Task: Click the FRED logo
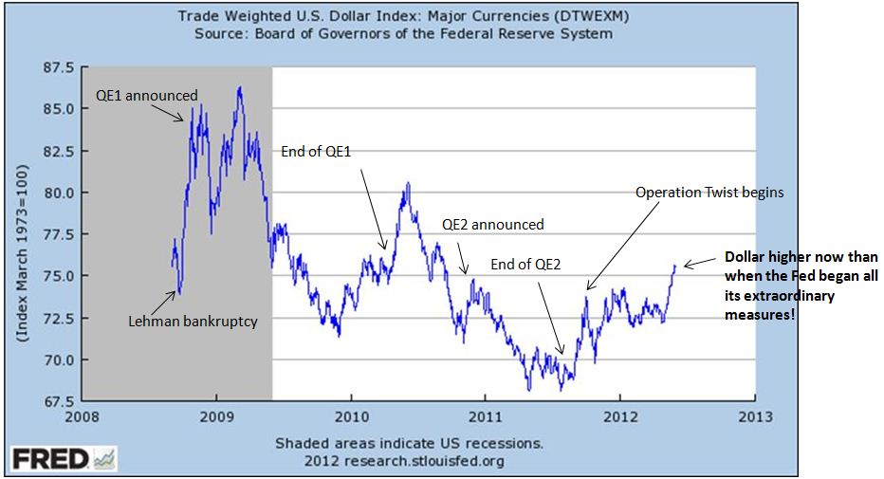coord(63,458)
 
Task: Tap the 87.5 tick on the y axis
coord(59,67)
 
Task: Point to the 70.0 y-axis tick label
coord(59,360)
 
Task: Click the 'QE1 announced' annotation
coord(147,95)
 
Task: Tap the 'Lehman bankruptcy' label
coord(193,321)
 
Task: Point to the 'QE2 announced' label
coord(493,225)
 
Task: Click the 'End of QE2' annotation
coord(525,265)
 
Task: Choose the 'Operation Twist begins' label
coord(709,192)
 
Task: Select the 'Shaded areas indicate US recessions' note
coord(409,443)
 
